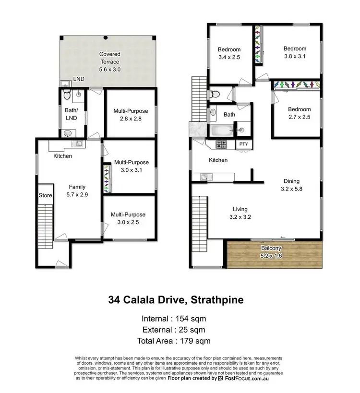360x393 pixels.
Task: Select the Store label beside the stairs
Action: click(45, 195)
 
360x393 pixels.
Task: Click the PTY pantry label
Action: click(243, 144)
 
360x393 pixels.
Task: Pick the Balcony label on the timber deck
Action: click(272, 248)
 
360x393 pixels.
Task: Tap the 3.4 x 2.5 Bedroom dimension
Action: click(229, 57)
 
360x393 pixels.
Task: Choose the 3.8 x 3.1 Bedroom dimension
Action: click(294, 56)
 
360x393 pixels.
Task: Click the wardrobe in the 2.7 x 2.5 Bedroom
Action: click(296, 84)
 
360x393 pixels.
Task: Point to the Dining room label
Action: click(291, 181)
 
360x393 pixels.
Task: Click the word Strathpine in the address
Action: click(217, 301)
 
